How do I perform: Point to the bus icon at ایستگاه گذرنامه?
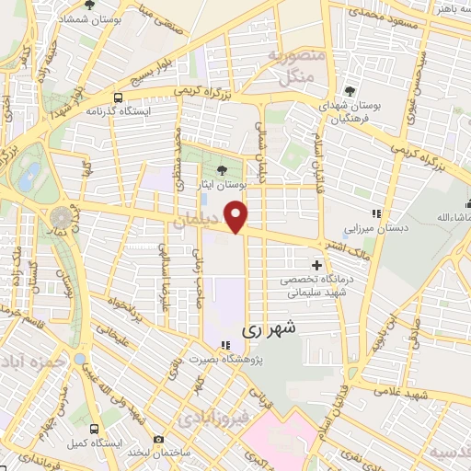[x=118, y=98]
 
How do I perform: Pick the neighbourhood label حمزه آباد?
[x=31, y=358]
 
